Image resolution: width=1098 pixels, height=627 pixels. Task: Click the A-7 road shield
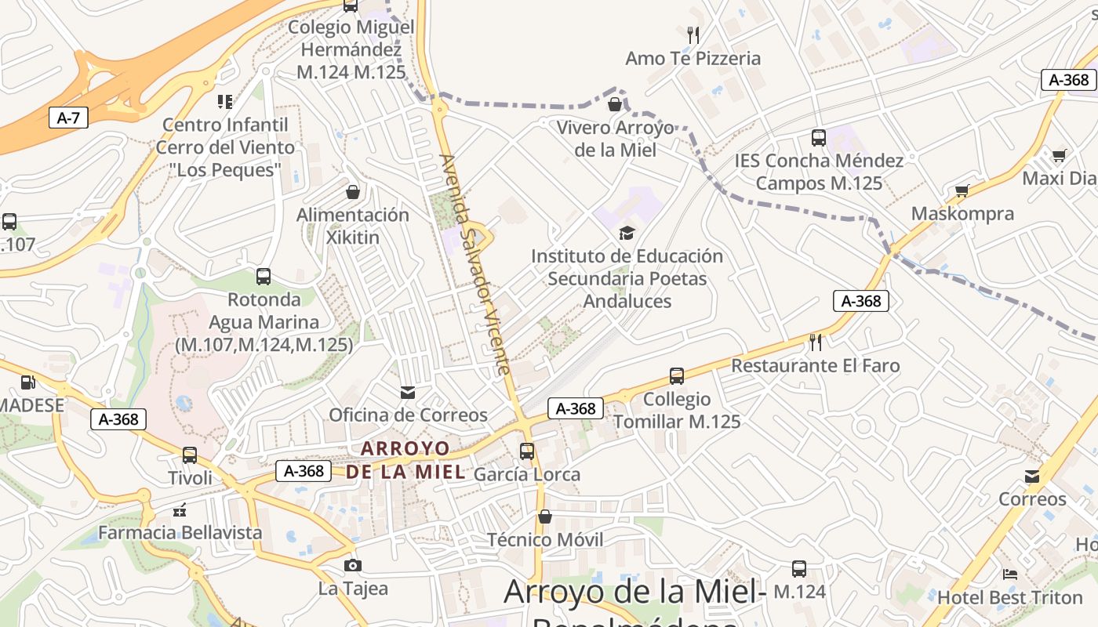click(x=68, y=118)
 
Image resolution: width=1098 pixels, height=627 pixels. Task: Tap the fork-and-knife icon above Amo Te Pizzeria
click(x=693, y=34)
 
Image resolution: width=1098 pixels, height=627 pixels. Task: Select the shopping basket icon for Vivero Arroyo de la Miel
click(x=615, y=103)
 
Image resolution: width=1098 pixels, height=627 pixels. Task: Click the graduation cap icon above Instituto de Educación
click(x=626, y=233)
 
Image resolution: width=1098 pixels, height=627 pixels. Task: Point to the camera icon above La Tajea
click(x=353, y=565)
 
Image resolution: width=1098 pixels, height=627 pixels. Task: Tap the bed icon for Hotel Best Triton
click(x=1010, y=574)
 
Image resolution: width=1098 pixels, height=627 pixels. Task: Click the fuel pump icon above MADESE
click(x=27, y=382)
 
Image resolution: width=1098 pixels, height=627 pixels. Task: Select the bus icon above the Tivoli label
click(x=189, y=455)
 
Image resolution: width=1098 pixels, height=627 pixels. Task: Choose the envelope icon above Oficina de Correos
click(x=408, y=393)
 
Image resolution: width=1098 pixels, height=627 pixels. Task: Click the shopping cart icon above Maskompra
click(x=962, y=190)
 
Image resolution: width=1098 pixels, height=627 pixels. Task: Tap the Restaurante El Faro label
click(x=816, y=365)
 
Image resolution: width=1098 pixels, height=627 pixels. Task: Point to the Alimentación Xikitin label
click(x=353, y=226)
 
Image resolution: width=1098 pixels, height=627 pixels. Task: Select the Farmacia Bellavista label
click(x=180, y=532)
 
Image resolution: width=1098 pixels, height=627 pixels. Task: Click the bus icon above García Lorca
click(x=527, y=451)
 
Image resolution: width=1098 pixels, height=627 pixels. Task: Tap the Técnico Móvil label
click(x=545, y=539)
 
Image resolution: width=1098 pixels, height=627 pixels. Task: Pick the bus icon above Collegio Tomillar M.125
click(x=677, y=376)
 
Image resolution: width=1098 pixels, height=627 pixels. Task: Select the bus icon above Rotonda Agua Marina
click(x=264, y=277)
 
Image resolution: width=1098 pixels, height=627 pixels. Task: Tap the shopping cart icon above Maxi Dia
click(x=1059, y=155)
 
